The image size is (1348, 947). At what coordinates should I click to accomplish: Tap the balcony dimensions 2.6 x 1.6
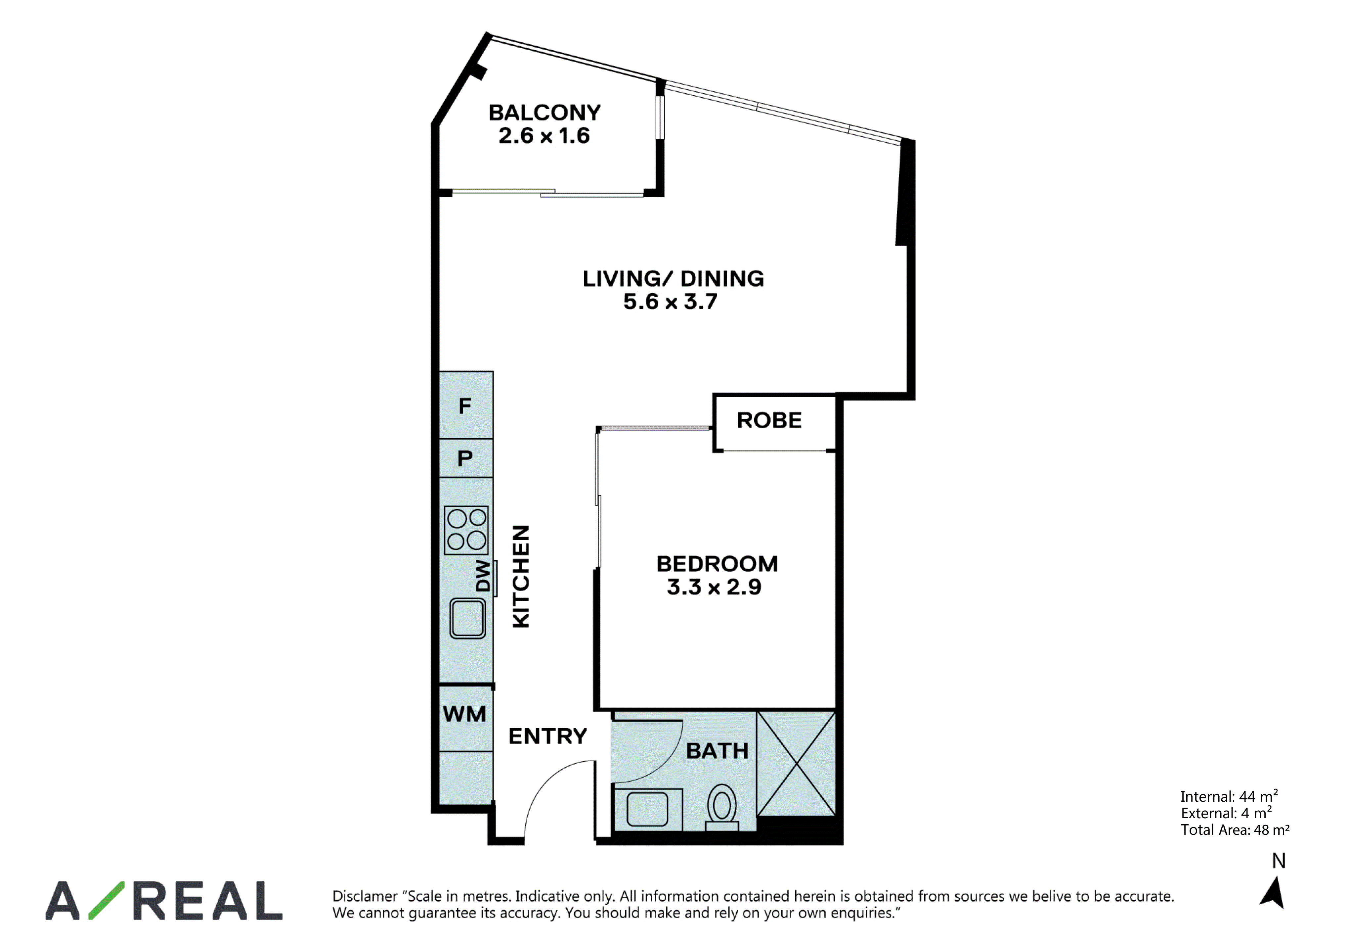click(544, 136)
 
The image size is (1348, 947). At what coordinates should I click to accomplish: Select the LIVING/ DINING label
click(673, 278)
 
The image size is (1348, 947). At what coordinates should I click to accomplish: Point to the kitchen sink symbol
click(467, 618)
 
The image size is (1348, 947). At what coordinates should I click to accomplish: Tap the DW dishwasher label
click(483, 576)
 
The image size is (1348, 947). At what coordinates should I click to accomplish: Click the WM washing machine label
click(464, 714)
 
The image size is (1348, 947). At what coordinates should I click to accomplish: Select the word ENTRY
click(548, 736)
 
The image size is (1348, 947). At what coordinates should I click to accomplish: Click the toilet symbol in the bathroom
click(721, 807)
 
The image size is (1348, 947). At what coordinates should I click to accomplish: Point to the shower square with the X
click(796, 764)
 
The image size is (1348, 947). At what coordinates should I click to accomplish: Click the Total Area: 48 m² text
click(1235, 830)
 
